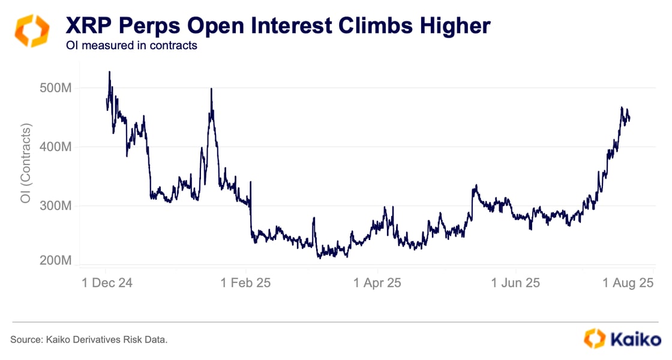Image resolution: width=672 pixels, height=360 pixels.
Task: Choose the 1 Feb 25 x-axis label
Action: pos(246,283)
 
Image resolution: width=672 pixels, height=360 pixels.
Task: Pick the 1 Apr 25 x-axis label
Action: pos(377,283)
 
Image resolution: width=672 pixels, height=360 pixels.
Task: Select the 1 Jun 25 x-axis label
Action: pos(515,283)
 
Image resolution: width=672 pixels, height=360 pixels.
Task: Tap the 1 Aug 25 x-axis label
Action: pos(628,283)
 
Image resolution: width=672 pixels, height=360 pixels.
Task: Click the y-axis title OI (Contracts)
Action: pos(26,163)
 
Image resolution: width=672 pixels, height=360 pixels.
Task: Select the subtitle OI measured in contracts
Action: pos(131,46)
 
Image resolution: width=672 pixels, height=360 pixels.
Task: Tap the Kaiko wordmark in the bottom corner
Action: pos(635,339)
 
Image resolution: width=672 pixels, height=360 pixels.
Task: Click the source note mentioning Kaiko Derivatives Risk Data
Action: pos(89,340)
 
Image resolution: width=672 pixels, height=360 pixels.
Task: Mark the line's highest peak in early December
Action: pos(109,71)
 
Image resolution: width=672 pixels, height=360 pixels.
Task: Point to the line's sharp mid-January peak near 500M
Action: pos(211,89)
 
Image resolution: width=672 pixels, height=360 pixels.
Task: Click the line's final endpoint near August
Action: pos(629,119)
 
